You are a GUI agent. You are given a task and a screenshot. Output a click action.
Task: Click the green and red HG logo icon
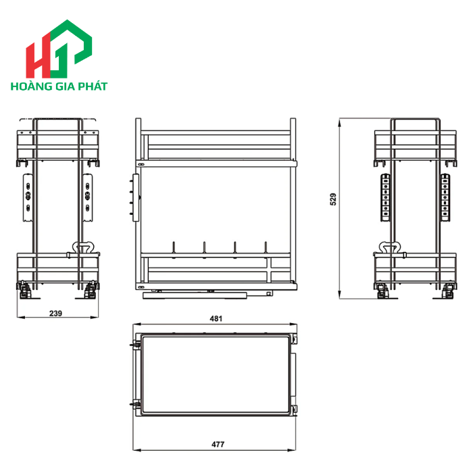click(59, 50)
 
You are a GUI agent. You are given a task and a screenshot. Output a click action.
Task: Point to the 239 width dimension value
click(55, 313)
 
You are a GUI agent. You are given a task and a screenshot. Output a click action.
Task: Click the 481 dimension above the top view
click(215, 318)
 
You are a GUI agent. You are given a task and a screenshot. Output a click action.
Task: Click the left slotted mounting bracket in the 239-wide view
click(27, 197)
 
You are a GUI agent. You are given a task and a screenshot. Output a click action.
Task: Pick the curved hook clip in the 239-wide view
click(85, 247)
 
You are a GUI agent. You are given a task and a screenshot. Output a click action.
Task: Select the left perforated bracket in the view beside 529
click(385, 197)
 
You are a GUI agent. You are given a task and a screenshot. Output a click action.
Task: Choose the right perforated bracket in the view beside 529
click(446, 197)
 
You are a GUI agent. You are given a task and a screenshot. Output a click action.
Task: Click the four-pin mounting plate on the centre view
click(135, 197)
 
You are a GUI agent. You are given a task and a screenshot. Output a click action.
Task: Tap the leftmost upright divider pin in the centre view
click(174, 248)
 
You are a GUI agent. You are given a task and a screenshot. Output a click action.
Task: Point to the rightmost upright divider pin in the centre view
click(266, 248)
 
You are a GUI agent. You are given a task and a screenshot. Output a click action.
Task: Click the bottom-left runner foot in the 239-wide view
click(24, 290)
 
